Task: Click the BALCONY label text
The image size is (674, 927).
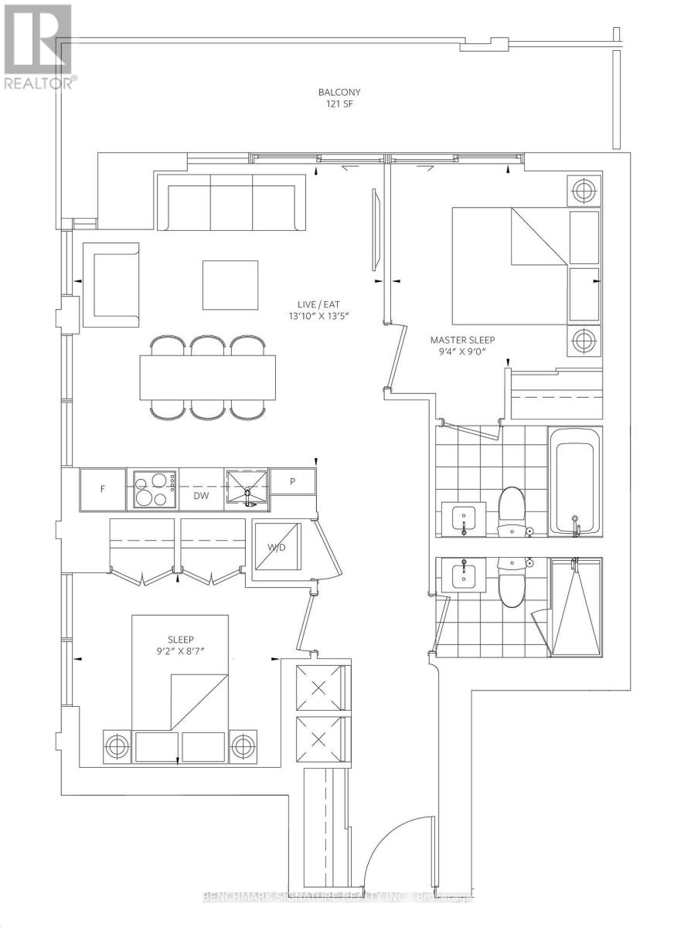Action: pyautogui.click(x=339, y=92)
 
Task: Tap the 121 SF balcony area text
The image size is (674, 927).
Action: pyautogui.click(x=339, y=104)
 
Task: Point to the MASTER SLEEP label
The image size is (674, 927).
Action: pyautogui.click(x=461, y=339)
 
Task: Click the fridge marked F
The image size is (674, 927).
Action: pyautogui.click(x=103, y=490)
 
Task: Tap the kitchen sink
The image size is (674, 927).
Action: pyautogui.click(x=247, y=487)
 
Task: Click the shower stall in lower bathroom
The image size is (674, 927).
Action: pyautogui.click(x=575, y=607)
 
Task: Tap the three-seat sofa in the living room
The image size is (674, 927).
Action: pyautogui.click(x=232, y=202)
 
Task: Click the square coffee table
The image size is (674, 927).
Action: pyautogui.click(x=230, y=285)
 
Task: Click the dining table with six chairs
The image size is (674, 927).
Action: pyautogui.click(x=207, y=377)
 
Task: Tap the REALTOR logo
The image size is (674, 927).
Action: pyautogui.click(x=38, y=46)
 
